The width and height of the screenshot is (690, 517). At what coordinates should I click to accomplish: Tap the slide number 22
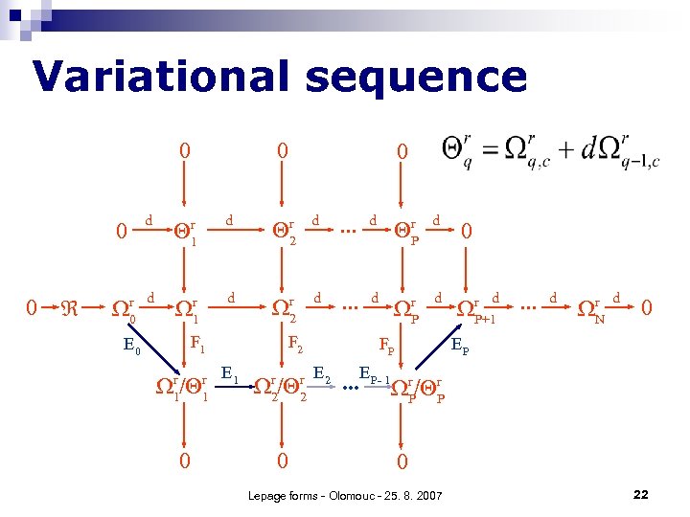pyautogui.click(x=641, y=494)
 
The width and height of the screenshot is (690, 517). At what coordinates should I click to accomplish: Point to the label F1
pyautogui.click(x=198, y=343)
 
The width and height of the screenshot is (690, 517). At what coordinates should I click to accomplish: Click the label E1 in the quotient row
pyautogui.click(x=231, y=372)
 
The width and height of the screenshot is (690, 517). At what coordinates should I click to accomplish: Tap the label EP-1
pyautogui.click(x=375, y=372)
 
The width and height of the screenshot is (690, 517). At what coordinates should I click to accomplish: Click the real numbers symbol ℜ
pyautogui.click(x=69, y=309)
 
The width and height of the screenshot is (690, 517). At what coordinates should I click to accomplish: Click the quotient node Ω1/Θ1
pyautogui.click(x=182, y=387)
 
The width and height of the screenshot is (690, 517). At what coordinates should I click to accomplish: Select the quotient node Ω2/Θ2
pyautogui.click(x=280, y=387)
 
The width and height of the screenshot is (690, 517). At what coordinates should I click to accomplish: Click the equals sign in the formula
pyautogui.click(x=487, y=150)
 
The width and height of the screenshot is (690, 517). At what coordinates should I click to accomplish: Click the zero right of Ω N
pyautogui.click(x=649, y=308)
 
